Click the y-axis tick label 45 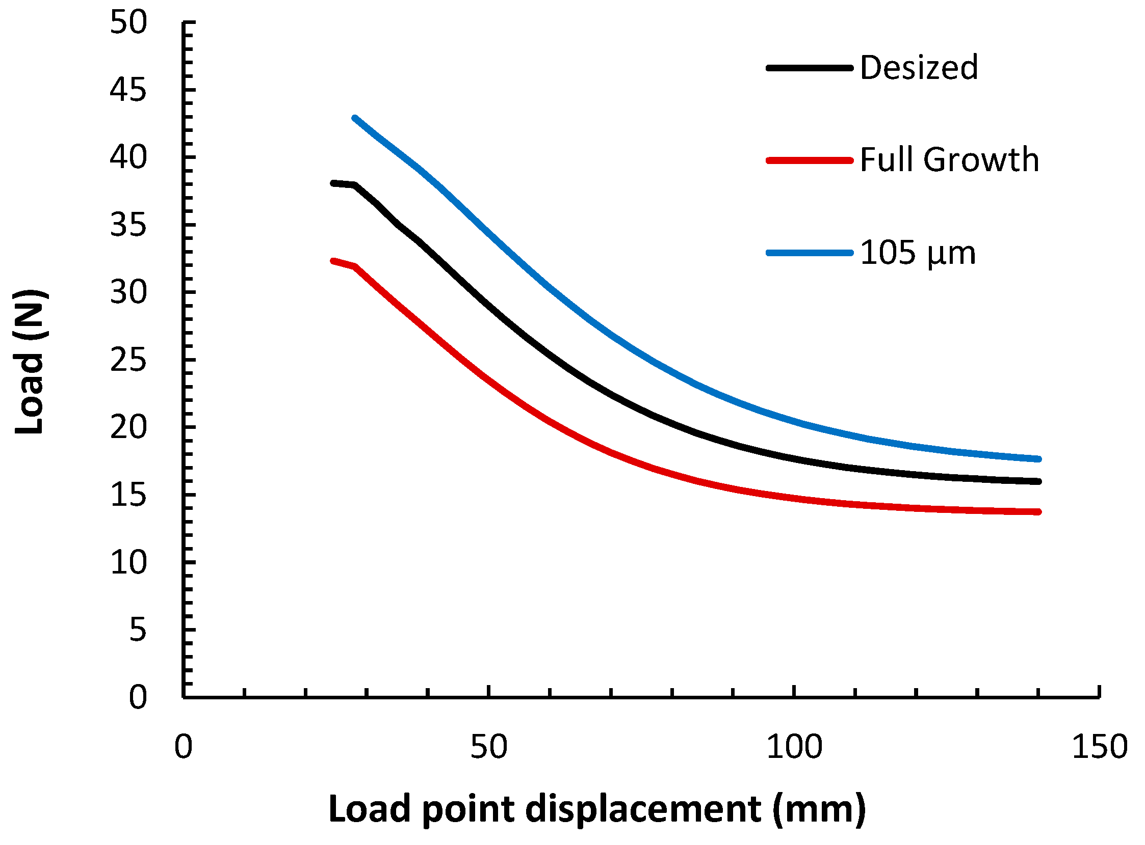tap(128, 91)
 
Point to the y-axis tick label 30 tap(128, 292)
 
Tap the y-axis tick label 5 tap(138, 630)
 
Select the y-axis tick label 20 tap(128, 428)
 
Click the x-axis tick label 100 tap(794, 747)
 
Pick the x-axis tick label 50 tap(489, 747)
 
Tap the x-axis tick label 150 tap(1100, 747)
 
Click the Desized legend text tap(919, 68)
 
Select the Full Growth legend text tap(949, 159)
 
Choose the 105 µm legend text tap(918, 253)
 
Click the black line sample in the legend tap(809, 68)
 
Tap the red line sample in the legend tap(809, 160)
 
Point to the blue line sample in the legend tap(809, 253)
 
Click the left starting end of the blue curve tap(355, 119)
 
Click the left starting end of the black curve tap(333, 183)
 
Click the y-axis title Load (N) tap(30, 362)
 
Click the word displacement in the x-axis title tap(643, 809)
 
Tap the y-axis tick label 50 tap(128, 23)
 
